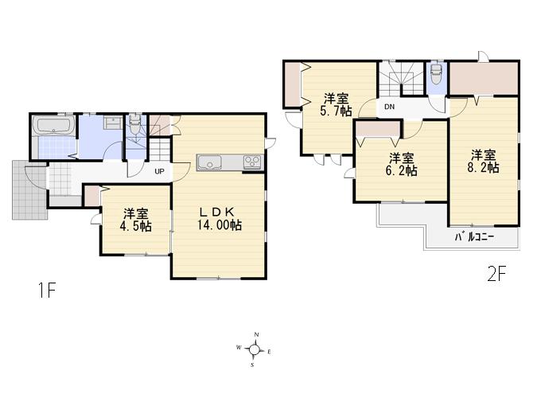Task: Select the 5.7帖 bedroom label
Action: tap(337, 111)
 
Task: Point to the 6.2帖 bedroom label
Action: tap(402, 170)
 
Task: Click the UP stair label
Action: tap(159, 171)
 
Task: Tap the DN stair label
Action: tap(389, 107)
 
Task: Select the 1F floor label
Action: tap(46, 291)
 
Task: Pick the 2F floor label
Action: tap(496, 275)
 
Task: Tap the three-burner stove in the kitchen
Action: tap(252, 162)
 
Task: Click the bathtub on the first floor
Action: tap(53, 125)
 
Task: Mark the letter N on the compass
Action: tap(256, 335)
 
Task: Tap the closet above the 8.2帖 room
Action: tap(484, 78)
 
